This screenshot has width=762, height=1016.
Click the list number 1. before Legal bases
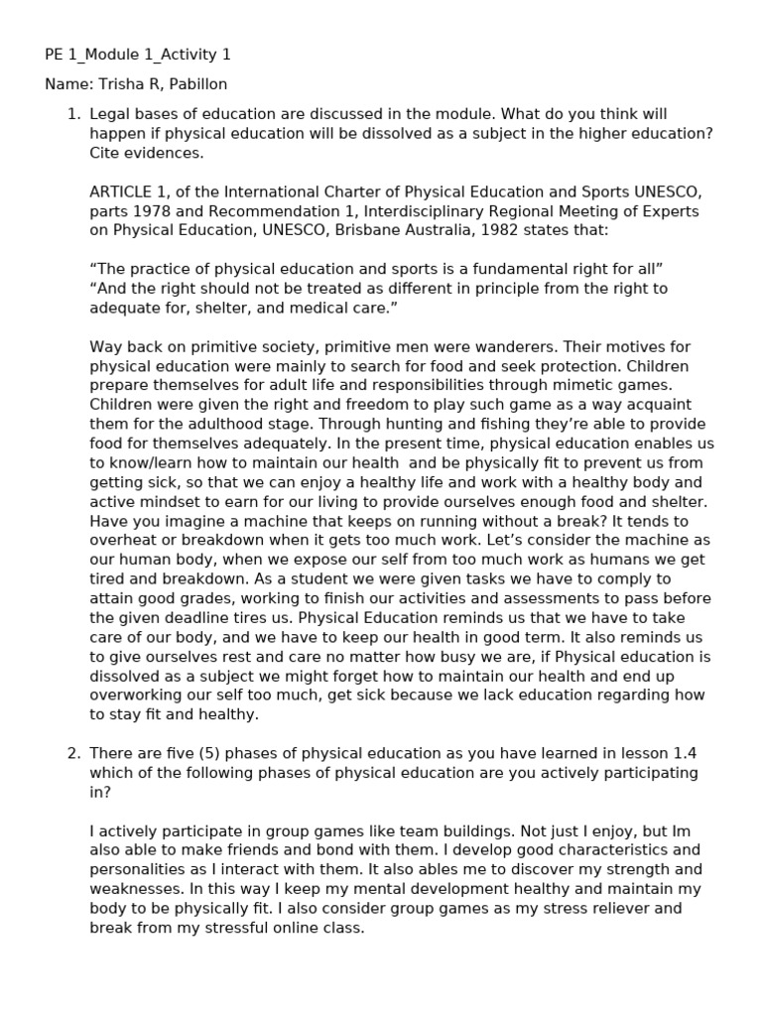[73, 114]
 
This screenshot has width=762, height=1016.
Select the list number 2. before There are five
[73, 753]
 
